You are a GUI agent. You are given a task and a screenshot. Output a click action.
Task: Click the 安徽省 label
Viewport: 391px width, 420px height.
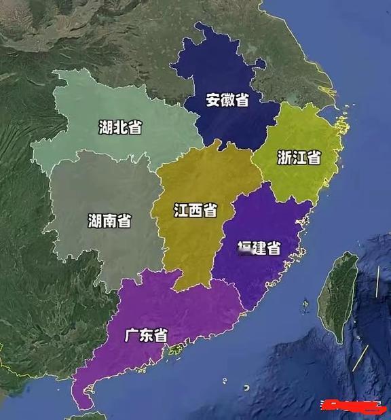pos(227,101)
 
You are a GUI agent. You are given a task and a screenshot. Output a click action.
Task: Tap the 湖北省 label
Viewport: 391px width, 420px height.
pos(119,126)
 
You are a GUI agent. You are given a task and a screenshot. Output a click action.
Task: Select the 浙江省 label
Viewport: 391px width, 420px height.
pos(299,158)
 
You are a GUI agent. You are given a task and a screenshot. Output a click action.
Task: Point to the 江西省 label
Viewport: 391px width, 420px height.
pos(195,210)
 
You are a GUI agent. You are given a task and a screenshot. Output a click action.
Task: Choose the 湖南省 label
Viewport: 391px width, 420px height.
pos(109,220)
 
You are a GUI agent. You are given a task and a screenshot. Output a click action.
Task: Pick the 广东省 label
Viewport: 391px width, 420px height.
pos(146,336)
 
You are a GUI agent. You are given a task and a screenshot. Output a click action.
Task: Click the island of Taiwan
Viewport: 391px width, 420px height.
pos(339,296)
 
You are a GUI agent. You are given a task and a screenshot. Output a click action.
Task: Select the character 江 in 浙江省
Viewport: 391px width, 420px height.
pos(299,158)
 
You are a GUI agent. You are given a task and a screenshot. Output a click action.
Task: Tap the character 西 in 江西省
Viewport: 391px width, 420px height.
pos(195,210)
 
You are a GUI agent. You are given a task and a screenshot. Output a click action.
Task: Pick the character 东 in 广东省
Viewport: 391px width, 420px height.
pos(146,336)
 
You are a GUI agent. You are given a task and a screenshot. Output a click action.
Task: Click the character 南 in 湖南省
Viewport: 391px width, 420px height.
pos(109,220)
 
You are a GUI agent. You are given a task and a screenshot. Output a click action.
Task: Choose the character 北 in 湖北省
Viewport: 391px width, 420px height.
pos(119,126)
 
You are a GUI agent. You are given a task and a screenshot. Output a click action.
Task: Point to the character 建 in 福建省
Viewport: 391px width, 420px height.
pos(259,248)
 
